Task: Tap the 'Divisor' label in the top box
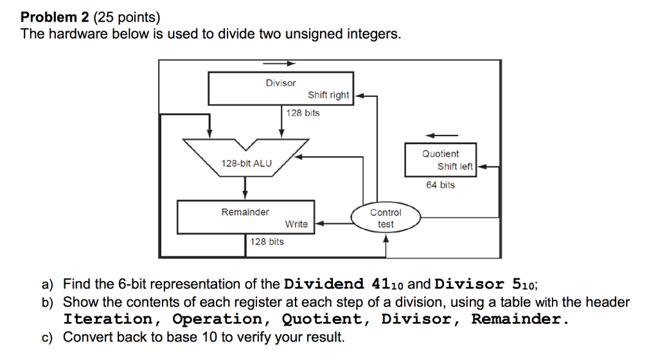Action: (x=281, y=83)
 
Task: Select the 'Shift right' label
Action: (x=328, y=95)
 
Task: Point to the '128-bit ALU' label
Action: (x=246, y=163)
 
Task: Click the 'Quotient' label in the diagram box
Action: (x=440, y=154)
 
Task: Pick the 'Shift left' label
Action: (x=455, y=166)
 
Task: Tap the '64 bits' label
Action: (x=440, y=185)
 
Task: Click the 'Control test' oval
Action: (x=386, y=218)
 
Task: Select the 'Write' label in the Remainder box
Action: (x=296, y=224)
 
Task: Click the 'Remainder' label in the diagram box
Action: (x=245, y=212)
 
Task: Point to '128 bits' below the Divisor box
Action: (x=303, y=113)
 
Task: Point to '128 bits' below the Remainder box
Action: (x=267, y=242)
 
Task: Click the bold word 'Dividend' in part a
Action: (x=325, y=283)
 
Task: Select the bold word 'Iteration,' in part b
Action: (x=107, y=319)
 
